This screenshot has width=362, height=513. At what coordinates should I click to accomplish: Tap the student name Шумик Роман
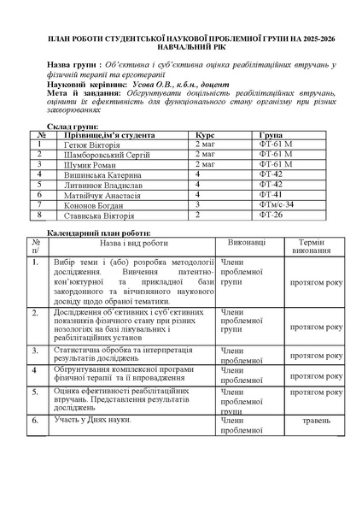(85, 164)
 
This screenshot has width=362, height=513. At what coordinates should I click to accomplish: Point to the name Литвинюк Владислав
(96, 185)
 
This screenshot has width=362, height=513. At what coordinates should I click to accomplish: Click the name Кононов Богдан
(89, 205)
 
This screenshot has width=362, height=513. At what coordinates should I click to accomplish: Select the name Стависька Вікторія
(94, 215)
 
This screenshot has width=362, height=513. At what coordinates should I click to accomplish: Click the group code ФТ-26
(270, 215)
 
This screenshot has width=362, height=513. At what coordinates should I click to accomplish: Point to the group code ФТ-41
(270, 195)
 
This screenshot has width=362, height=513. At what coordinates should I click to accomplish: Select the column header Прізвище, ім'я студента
(108, 134)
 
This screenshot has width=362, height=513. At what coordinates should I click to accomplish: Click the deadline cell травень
(317, 422)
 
